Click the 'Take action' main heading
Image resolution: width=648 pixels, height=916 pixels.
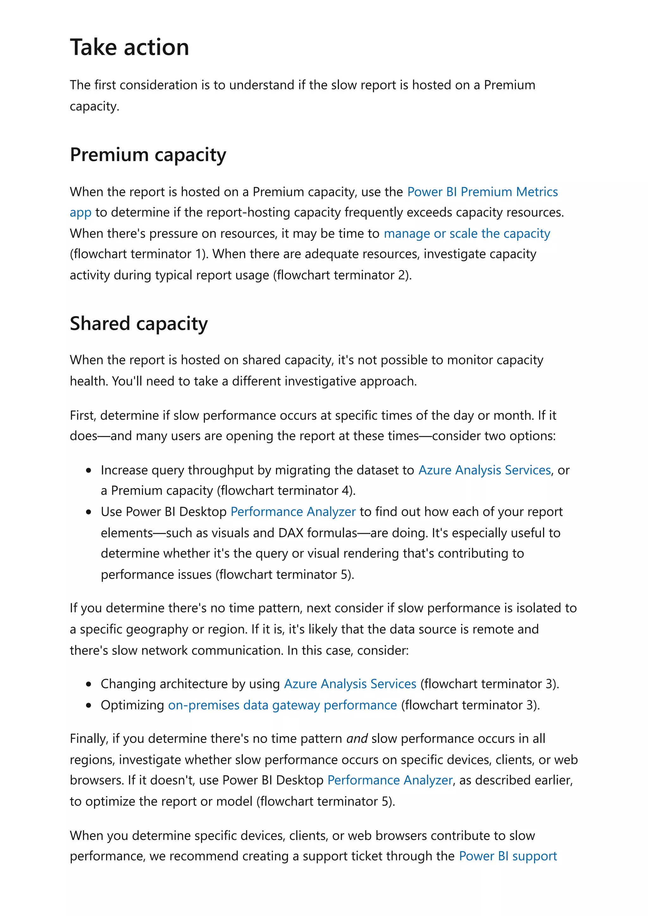pyautogui.click(x=129, y=47)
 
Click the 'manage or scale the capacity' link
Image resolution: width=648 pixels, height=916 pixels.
pyautogui.click(x=467, y=233)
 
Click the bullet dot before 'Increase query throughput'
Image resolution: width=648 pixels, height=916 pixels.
pyautogui.click(x=89, y=470)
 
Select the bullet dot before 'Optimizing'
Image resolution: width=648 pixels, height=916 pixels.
pyautogui.click(x=89, y=705)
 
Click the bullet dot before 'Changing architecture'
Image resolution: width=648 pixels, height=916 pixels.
pyautogui.click(x=89, y=684)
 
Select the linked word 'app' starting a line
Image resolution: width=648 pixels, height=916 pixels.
pyautogui.click(x=80, y=213)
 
